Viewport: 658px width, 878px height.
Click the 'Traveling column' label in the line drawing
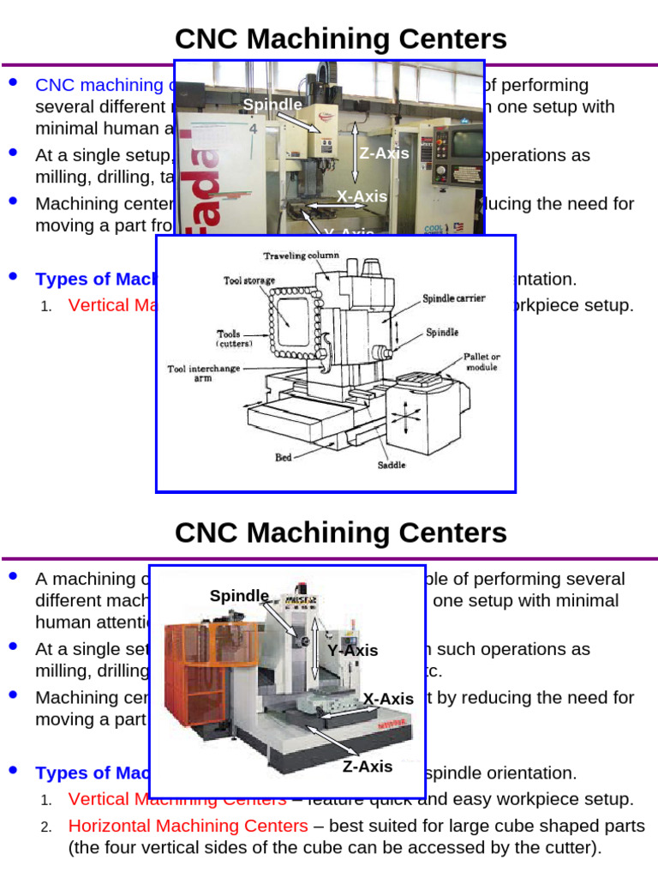301,256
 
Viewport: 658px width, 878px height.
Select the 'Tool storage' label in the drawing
250,280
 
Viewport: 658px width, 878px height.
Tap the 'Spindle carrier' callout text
453,298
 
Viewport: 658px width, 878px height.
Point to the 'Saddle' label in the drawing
392,466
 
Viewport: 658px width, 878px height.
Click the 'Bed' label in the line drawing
284,457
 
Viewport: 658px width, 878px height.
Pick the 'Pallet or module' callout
482,361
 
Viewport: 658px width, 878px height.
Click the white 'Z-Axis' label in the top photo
384,153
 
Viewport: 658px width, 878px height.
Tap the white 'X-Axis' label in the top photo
362,196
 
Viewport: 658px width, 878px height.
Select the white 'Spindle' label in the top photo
272,105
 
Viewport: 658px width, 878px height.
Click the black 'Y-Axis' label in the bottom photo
352,650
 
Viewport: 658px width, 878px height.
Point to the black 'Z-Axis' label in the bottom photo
368,767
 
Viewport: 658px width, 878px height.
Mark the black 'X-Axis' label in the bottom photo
388,699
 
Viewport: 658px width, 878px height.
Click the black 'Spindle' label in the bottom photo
239,596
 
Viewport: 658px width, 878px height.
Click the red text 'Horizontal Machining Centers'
188,826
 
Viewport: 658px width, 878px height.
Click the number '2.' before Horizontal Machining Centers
47,827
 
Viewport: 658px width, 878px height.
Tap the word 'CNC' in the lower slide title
205,532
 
